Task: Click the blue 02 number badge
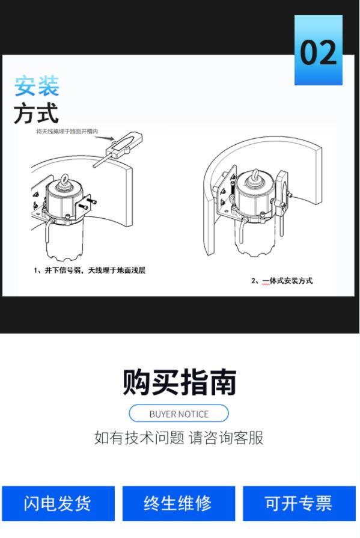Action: pos(318,50)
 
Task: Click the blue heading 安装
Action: pos(37,86)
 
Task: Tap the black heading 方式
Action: pos(37,112)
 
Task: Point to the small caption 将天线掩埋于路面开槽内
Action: pos(67,132)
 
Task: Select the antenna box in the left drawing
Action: pos(124,144)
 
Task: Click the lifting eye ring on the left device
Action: pos(64,180)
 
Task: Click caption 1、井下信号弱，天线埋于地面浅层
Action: pos(90,271)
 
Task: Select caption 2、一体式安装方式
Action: pos(282,281)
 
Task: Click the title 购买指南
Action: pos(179,382)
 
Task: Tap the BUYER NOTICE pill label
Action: pos(179,414)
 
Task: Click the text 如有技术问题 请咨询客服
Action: pos(179,438)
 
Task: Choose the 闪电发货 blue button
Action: pos(58,503)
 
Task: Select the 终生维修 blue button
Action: pos(179,503)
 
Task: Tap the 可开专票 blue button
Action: pos(299,503)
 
